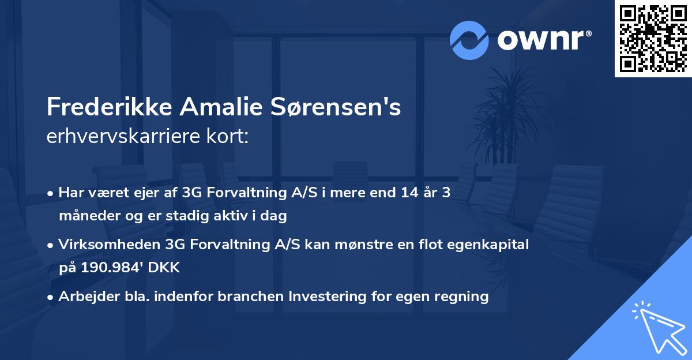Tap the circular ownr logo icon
tap(469, 40)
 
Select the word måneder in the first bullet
tap(85, 216)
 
